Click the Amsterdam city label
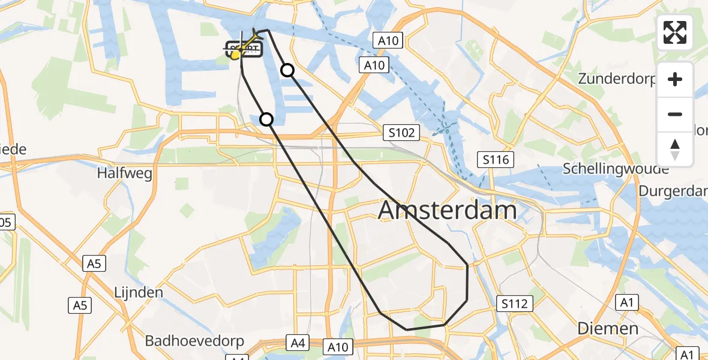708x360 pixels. click(448, 211)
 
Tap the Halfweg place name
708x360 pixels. click(125, 173)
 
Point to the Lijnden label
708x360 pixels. click(139, 293)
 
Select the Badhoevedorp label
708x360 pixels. click(194, 341)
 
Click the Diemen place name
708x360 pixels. click(608, 328)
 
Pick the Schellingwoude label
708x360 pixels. click(616, 169)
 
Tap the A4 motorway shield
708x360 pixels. click(298, 343)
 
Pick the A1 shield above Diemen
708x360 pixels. click(628, 303)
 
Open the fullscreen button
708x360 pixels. click(675, 32)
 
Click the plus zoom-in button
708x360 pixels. click(675, 79)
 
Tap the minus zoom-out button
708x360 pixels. click(675, 114)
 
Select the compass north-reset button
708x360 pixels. click(675, 149)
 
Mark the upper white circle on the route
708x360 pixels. click(287, 70)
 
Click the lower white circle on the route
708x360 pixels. click(266, 119)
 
